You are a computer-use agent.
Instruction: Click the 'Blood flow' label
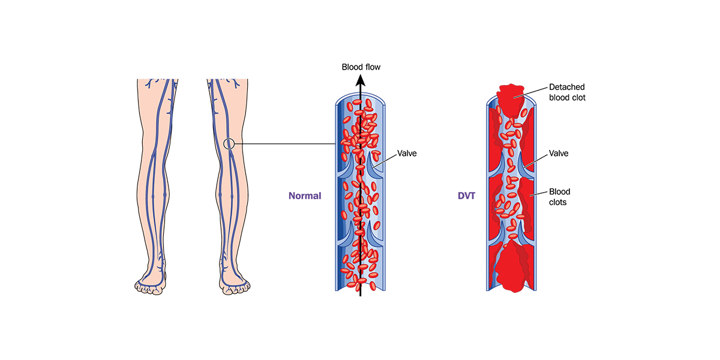(361, 67)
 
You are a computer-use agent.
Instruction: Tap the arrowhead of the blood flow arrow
(360, 80)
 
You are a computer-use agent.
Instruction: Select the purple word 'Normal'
(305, 196)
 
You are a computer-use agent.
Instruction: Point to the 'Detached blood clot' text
(566, 92)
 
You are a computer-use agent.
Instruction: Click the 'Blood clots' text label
(559, 197)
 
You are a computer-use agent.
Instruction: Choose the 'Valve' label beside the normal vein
(407, 154)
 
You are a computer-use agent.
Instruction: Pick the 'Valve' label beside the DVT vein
(559, 154)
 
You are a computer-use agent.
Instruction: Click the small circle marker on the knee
(229, 143)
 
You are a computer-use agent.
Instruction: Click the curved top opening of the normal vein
(360, 96)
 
